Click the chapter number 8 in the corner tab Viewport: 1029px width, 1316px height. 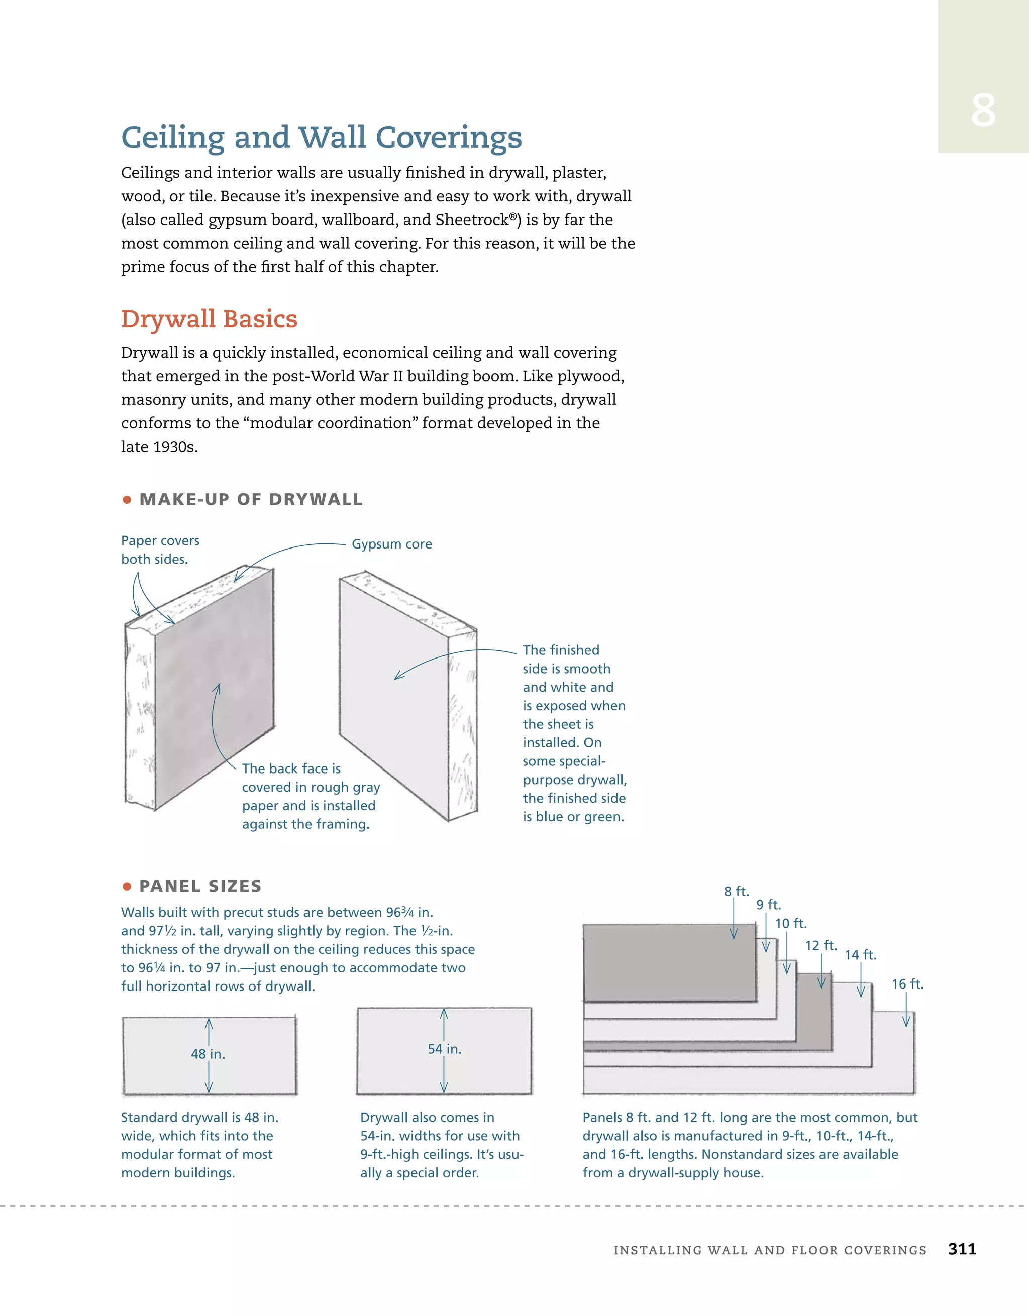[x=983, y=111]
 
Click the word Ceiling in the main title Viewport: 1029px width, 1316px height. [x=173, y=138]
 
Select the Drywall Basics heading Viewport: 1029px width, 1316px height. [x=209, y=319]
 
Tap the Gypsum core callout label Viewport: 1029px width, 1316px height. [x=392, y=544]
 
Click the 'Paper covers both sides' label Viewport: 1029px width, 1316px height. [x=160, y=550]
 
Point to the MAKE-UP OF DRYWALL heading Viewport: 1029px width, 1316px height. [x=251, y=499]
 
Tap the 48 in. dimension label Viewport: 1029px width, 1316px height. [x=208, y=1054]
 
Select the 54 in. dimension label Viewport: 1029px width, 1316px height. [x=445, y=1049]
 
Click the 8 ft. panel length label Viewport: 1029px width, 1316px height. [x=736, y=891]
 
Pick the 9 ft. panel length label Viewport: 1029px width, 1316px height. [x=769, y=905]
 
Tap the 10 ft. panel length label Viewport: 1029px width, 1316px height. [x=791, y=923]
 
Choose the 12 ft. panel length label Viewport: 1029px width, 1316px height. [x=821, y=945]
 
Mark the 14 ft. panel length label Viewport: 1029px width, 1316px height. [x=860, y=955]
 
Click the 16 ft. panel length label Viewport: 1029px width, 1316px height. [x=907, y=984]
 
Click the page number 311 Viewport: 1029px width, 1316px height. [x=962, y=1249]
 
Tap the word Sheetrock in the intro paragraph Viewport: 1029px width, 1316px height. [x=472, y=220]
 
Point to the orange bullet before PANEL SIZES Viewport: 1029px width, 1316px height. [x=127, y=887]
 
